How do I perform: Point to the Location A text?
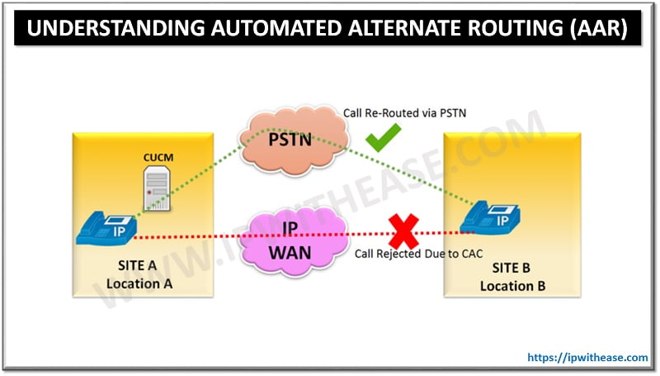[139, 283]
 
